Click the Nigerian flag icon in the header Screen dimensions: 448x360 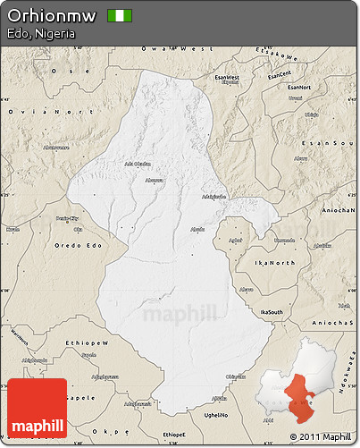[119, 15]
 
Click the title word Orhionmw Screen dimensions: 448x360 [51, 15]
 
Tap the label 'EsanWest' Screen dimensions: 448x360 [227, 78]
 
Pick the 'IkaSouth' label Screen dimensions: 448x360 [258, 308]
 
